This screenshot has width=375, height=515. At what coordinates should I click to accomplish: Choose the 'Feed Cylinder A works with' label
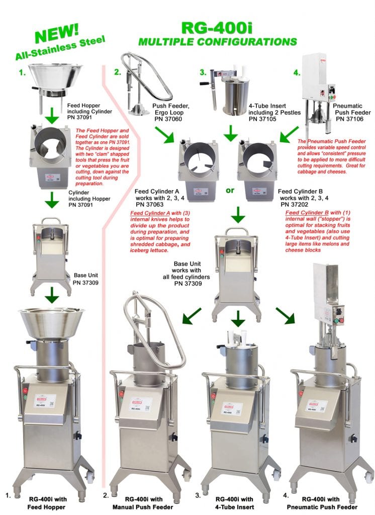coord(159,195)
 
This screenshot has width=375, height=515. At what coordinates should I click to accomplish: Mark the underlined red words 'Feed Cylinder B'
coord(302,212)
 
